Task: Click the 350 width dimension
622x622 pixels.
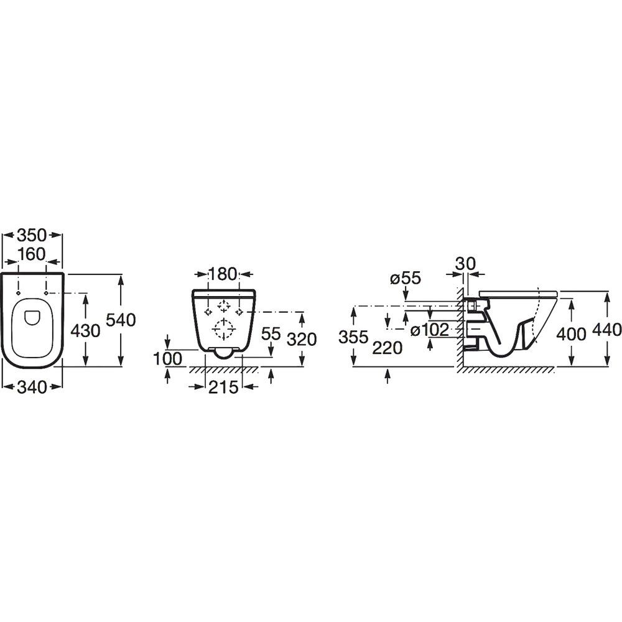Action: coord(32,235)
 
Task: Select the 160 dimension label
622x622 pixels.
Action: coord(32,254)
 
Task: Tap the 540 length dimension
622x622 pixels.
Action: coord(121,320)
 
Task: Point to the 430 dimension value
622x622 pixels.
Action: coord(85,330)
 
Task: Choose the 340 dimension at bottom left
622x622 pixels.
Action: coord(32,387)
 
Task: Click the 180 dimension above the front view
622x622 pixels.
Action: coord(223,274)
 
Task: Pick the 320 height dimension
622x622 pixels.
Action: coord(302,340)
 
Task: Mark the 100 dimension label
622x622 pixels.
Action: coord(168,359)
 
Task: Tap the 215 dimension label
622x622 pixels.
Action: coord(223,387)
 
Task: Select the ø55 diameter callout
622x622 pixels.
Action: coord(405,279)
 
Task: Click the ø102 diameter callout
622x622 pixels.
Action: coord(430,330)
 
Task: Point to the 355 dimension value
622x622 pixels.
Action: coord(353,337)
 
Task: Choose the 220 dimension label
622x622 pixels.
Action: coord(388,348)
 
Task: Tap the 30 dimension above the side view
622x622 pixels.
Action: coord(465,263)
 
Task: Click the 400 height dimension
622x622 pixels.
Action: coord(571,335)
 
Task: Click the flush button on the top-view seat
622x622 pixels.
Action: coord(32,317)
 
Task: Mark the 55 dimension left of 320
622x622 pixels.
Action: coord(271,333)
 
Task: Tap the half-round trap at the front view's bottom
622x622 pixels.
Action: coord(224,353)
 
